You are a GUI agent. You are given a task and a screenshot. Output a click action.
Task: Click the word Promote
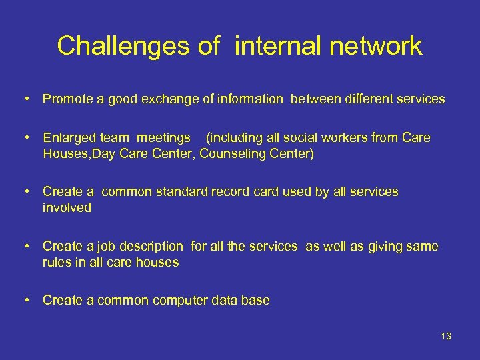(x=67, y=99)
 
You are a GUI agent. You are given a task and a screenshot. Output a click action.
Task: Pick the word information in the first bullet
(x=247, y=99)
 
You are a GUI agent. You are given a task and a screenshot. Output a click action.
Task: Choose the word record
(x=229, y=192)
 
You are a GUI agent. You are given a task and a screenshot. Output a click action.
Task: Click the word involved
(x=67, y=207)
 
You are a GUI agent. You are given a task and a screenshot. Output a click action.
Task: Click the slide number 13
(x=445, y=336)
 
